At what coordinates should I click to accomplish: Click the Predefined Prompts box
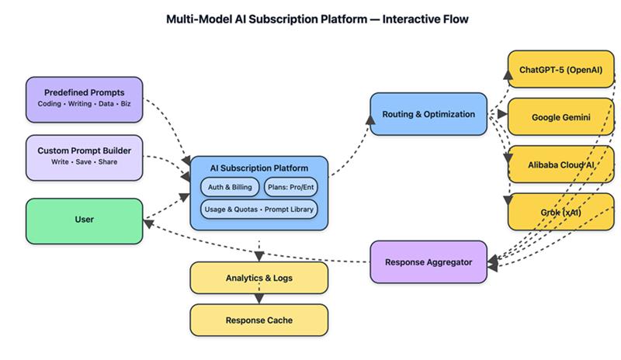point(85,99)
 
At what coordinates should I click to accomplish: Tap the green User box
point(85,220)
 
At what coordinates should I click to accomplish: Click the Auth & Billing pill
point(230,187)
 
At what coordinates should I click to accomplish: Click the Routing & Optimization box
point(428,115)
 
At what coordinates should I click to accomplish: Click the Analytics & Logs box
point(259,277)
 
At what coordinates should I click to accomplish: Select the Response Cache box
point(259,320)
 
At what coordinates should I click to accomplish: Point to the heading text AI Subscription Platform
point(259,168)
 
